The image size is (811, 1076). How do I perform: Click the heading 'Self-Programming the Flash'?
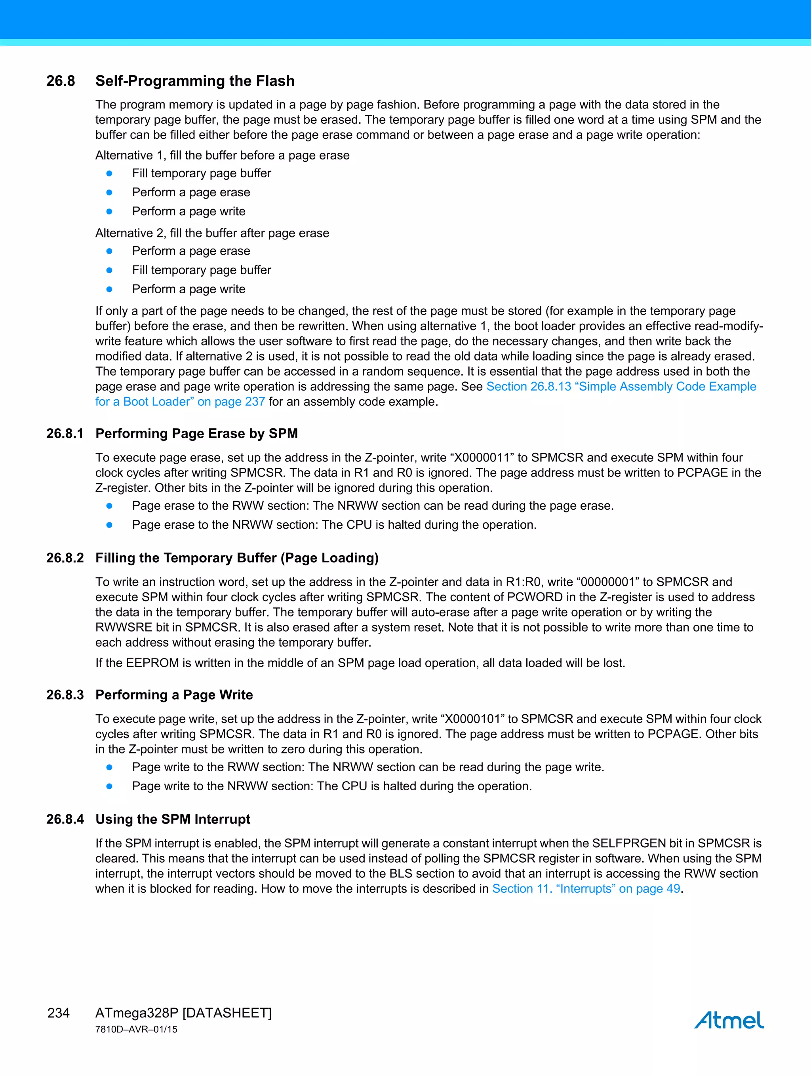pos(195,81)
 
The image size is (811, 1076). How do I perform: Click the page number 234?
pos(59,1013)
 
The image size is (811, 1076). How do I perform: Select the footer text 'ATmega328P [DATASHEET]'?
pos(183,1013)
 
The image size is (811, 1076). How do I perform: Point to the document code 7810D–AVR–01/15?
pos(136,1029)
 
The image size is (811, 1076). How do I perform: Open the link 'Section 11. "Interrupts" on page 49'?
pos(586,889)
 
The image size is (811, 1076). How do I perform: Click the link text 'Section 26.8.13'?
pos(529,387)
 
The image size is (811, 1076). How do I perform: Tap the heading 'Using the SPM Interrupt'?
pos(173,819)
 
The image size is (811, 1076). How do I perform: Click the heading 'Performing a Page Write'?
pos(174,695)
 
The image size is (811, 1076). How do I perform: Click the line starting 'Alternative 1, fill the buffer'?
pos(222,155)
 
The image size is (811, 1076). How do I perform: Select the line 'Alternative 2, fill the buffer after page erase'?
pos(212,233)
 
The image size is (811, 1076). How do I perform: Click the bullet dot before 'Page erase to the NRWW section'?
pos(110,525)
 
